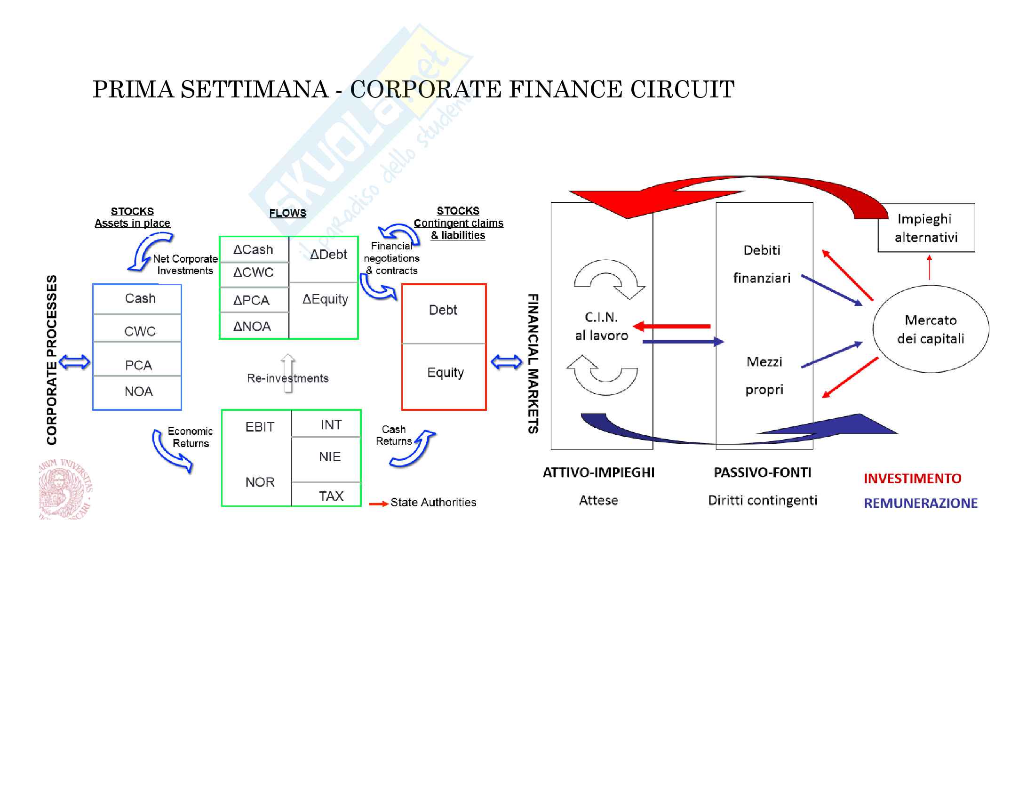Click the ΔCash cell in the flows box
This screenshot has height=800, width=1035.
tap(253, 249)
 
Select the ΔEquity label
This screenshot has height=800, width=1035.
tap(325, 299)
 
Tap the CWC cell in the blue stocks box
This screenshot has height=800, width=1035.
tap(139, 331)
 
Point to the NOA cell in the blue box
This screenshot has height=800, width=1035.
tap(138, 392)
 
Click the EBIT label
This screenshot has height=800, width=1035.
tap(260, 427)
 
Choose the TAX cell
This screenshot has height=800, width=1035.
tap(331, 496)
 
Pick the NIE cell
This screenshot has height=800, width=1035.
tap(330, 456)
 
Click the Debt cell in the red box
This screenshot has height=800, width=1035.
tap(443, 310)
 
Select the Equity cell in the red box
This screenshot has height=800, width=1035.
tap(445, 373)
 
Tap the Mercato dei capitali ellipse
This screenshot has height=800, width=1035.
tap(930, 329)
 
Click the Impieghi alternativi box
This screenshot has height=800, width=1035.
tap(926, 228)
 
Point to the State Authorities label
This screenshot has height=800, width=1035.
tap(433, 503)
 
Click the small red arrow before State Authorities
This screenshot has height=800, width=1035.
tap(378, 504)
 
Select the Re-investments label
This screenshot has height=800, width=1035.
tap(287, 378)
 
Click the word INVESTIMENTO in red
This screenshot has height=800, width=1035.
tap(912, 478)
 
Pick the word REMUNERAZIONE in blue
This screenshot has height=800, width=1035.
tap(920, 503)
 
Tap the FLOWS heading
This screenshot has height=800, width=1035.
tap(287, 213)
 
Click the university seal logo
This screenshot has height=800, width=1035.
tap(65, 489)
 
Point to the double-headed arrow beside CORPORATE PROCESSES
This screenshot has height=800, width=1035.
tap(74, 362)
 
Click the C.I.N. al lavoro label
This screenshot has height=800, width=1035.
tap(601, 326)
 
